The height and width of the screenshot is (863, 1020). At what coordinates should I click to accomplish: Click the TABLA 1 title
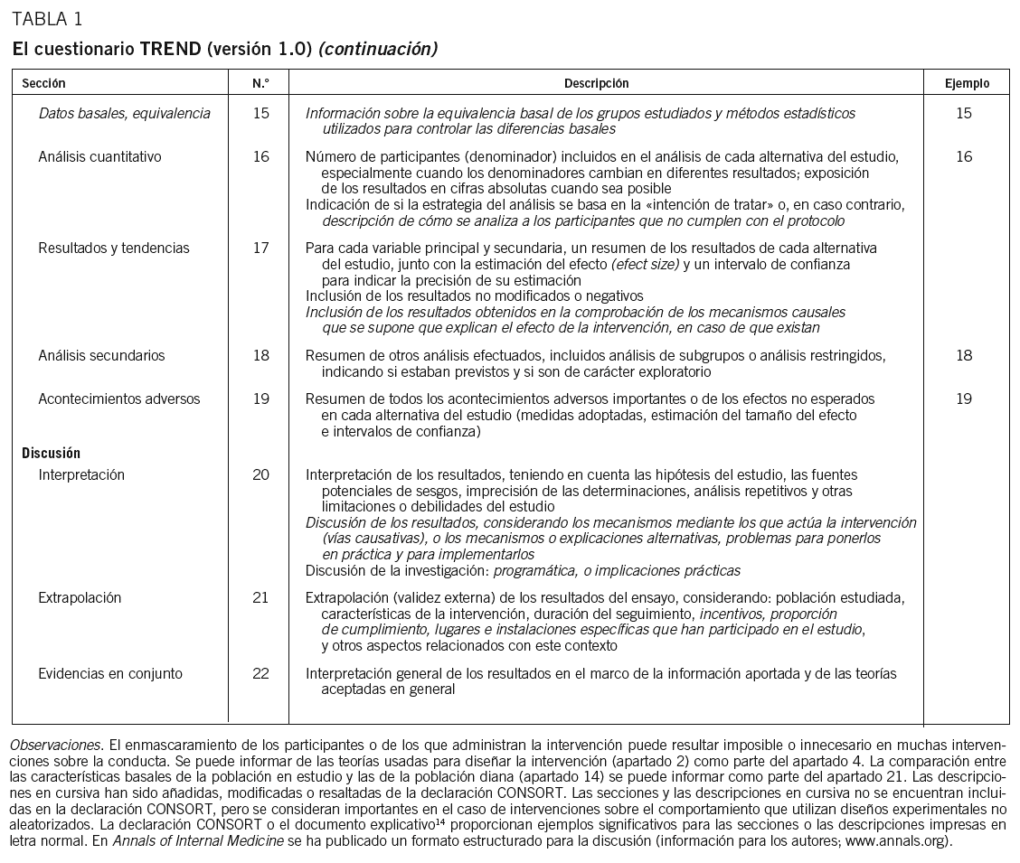(46, 19)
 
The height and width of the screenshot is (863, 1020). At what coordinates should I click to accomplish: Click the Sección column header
(43, 83)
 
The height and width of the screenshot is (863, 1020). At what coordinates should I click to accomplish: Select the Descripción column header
(596, 83)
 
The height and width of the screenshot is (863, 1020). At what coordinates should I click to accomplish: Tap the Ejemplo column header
(967, 83)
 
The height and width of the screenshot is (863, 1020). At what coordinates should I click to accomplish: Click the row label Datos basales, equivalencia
(124, 113)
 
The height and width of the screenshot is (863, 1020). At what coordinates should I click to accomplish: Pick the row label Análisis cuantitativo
(99, 156)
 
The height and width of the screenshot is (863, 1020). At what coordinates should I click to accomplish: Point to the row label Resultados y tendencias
(114, 248)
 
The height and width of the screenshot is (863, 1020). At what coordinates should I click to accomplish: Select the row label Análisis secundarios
(101, 355)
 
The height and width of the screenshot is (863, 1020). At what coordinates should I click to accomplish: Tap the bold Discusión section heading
(51, 453)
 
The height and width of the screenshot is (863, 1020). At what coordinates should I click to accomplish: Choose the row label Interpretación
(81, 474)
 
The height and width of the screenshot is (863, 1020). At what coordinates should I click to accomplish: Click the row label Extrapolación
(80, 597)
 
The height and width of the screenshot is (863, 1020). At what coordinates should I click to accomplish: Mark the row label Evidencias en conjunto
(110, 673)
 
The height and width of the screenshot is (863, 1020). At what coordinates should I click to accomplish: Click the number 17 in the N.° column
(260, 248)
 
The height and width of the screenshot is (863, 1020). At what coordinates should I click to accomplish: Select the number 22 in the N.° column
(260, 673)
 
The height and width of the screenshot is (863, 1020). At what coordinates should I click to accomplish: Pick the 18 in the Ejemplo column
(964, 355)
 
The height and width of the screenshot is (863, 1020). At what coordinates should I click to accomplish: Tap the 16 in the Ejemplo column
(964, 156)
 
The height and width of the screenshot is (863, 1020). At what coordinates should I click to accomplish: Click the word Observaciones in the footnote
(55, 746)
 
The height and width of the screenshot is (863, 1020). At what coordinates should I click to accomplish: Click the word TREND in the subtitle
(170, 49)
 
